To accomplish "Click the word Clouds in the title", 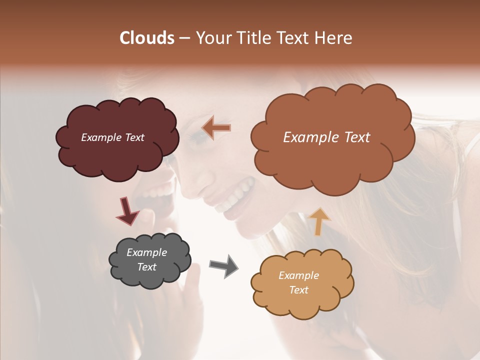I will [147, 38].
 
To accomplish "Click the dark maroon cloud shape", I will [117, 150].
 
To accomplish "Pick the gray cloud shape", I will [150, 277].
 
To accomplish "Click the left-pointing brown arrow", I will [216, 128].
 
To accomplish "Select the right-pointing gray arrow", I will [223, 265].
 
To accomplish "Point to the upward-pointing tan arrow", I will [319, 221].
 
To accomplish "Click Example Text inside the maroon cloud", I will [112, 137].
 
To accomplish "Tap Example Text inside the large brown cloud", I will [326, 137].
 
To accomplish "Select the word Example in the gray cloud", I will [146, 252].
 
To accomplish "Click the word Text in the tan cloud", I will [298, 290].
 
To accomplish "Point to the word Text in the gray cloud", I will [146, 267].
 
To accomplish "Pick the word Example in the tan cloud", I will [298, 275].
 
